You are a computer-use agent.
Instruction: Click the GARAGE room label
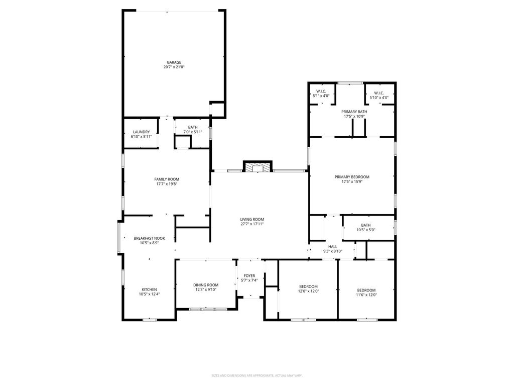174,62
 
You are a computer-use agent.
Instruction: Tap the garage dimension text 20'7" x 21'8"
174,67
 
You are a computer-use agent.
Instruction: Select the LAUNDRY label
141,132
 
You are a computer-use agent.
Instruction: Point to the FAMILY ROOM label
167,179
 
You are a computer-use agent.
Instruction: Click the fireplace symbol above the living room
258,168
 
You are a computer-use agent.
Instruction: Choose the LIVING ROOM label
252,219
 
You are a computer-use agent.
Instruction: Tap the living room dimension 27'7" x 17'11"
252,224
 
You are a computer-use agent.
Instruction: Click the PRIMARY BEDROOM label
352,177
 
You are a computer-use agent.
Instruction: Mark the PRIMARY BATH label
354,112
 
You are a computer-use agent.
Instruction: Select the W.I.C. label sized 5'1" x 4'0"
321,91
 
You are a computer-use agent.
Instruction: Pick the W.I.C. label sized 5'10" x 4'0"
379,93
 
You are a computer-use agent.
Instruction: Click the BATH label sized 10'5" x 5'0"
366,225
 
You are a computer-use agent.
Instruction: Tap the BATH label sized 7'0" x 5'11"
193,127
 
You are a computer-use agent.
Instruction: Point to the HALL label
333,247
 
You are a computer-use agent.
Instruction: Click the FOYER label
249,276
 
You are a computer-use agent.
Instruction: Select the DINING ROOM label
205,285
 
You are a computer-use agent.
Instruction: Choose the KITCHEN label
149,289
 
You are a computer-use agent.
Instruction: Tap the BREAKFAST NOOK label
149,238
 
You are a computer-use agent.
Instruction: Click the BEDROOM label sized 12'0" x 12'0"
308,286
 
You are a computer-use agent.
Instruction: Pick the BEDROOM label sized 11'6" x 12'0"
366,290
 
